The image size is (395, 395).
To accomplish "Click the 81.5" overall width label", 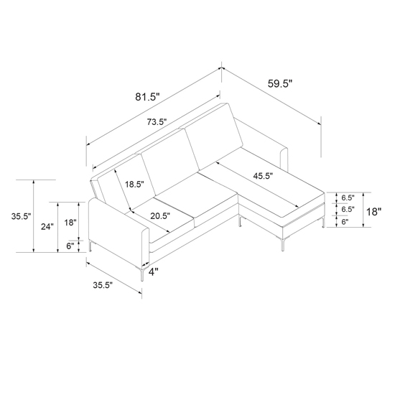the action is click(x=148, y=96).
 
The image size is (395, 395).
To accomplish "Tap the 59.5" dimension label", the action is click(x=280, y=83).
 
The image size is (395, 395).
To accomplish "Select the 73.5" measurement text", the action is click(x=157, y=122).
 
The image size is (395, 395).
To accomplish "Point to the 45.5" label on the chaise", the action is click(x=264, y=176).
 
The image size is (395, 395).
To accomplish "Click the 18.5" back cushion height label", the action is click(x=134, y=184).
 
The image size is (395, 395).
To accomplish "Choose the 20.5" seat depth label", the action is click(x=160, y=216).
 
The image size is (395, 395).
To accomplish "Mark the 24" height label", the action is click(x=47, y=227).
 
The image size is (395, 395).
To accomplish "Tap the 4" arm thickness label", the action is click(x=154, y=271).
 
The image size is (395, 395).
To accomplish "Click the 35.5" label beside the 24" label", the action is click(x=21, y=216).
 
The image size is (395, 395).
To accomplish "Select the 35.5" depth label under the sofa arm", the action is click(x=103, y=285).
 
